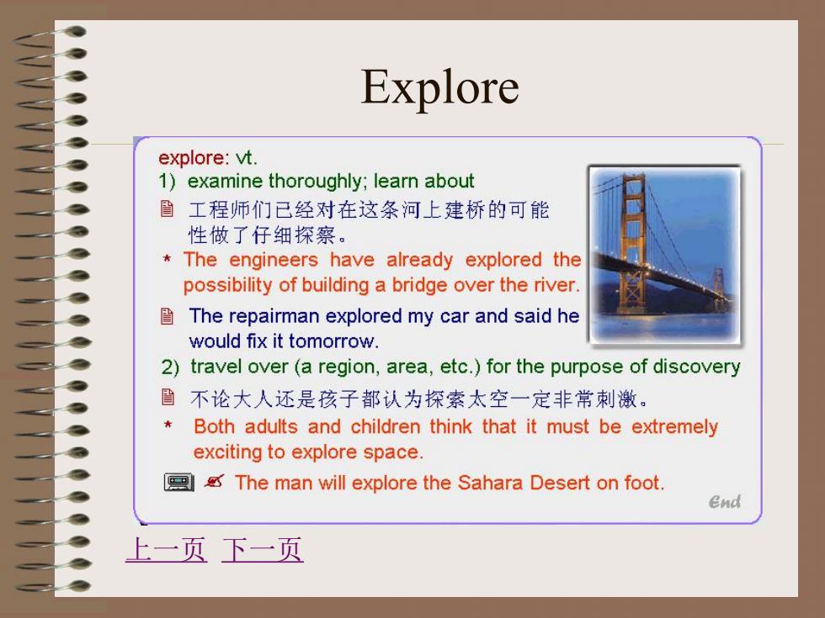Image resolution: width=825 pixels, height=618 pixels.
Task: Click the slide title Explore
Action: (439, 87)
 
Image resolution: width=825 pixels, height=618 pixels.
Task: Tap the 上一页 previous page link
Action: (167, 550)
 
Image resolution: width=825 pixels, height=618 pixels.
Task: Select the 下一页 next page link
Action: (262, 550)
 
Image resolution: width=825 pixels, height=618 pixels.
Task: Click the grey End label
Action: (725, 502)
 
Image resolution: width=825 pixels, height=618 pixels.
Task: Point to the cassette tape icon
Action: (178, 482)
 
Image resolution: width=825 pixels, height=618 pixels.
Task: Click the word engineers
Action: (274, 261)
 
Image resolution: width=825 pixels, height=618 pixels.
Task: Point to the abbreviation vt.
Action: (246, 158)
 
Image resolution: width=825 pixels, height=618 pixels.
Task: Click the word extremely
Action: (674, 427)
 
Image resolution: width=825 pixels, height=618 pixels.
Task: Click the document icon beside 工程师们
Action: (167, 209)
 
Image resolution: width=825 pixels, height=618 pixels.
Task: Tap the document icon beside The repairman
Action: (167, 316)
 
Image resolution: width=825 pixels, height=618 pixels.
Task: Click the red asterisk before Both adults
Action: (168, 425)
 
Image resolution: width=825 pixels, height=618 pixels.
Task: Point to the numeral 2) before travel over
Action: (170, 367)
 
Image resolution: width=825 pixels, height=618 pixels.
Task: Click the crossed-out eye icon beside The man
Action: (214, 481)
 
